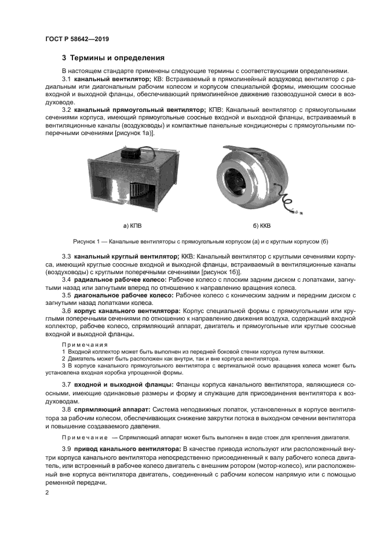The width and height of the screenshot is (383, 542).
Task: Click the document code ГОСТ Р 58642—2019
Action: click(76, 39)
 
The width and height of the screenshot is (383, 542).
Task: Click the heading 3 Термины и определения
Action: click(113, 58)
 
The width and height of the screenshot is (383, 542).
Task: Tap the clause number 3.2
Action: click(66, 110)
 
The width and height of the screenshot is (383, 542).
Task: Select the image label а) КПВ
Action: click(132, 225)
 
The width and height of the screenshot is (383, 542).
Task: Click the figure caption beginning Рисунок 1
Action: click(200, 241)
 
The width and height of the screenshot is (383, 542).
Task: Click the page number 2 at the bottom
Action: click(47, 493)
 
